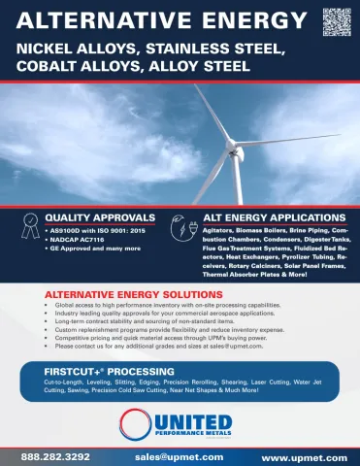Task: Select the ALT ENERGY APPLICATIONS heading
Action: point(273,216)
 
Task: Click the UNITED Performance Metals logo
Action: point(180,424)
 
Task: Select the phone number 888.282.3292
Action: point(55,455)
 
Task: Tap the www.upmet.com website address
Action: point(304,456)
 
